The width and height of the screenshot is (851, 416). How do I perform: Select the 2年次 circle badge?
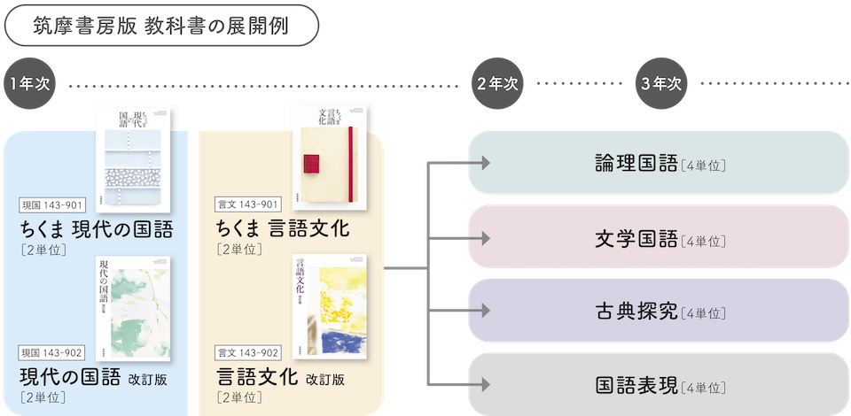[496, 83]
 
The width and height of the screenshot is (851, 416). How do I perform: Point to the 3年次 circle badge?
[660, 83]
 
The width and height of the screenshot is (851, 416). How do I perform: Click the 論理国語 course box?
[659, 163]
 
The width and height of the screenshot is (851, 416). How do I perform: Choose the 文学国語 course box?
[659, 238]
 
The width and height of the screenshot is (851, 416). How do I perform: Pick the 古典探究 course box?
[659, 312]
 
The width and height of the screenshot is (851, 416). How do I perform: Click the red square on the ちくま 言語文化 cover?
[312, 162]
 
